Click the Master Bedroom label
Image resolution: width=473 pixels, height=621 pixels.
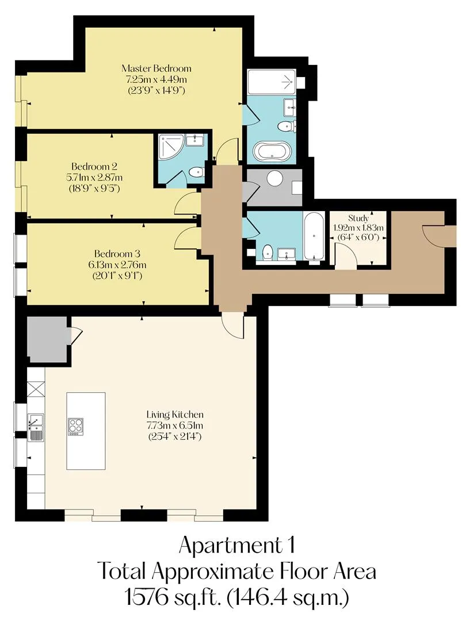point(156,68)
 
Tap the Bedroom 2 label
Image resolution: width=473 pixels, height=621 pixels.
point(94,166)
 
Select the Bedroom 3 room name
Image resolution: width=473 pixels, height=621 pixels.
point(117,254)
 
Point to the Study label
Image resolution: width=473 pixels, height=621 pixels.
point(358,218)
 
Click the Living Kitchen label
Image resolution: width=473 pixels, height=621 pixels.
point(175,415)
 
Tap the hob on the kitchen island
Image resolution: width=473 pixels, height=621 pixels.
point(76,427)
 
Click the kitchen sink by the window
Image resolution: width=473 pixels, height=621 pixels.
point(36,427)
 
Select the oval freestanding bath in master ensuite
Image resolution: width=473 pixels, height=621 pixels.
point(272,151)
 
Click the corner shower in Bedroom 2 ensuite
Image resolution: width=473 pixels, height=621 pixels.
point(171,147)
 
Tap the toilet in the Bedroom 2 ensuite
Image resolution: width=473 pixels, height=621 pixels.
point(196,172)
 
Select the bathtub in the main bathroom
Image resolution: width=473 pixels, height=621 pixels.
point(314,236)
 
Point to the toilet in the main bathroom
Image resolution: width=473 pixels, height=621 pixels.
point(267,252)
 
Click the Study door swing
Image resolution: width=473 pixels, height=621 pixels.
point(345,255)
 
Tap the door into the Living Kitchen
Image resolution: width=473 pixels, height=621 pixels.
point(232,325)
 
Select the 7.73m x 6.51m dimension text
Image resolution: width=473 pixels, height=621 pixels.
point(175,425)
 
